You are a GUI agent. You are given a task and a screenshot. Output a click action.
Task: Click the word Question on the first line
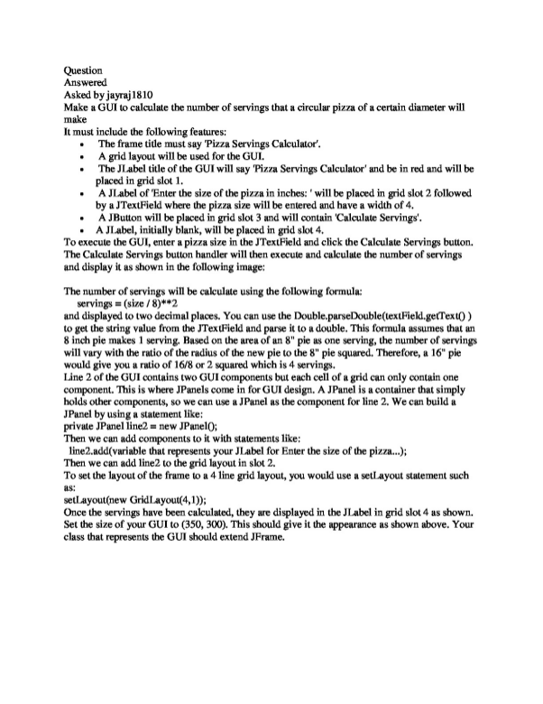84,69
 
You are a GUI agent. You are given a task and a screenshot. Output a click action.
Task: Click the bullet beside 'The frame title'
82,144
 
